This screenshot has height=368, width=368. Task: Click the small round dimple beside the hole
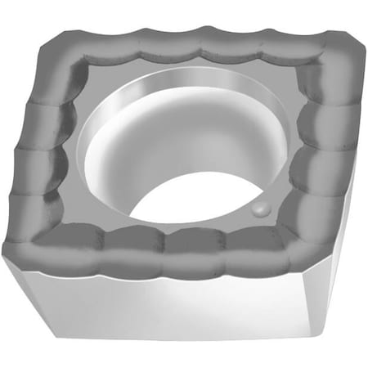point(260,209)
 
